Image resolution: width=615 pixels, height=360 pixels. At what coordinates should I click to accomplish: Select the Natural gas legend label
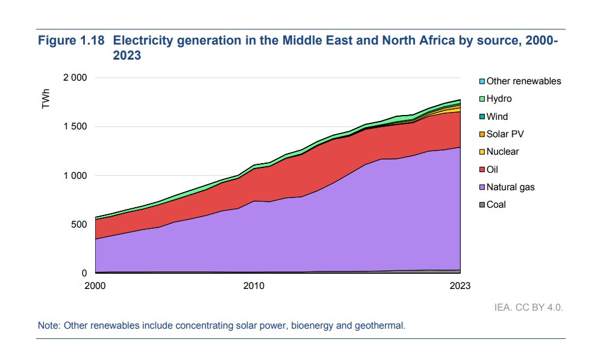coord(510,187)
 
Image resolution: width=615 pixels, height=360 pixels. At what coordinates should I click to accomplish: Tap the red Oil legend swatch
coord(482,170)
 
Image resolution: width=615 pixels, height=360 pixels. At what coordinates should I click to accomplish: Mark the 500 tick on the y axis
coord(80,225)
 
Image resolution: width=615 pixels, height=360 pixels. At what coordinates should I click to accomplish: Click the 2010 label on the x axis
coord(254,285)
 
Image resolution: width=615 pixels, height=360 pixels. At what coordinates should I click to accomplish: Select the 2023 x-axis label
coord(460,285)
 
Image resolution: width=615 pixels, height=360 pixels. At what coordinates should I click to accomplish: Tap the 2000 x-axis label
coord(95,285)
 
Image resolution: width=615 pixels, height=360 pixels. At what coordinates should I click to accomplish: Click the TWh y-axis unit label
coord(46,99)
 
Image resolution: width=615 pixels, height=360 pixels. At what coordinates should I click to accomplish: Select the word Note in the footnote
coord(48,326)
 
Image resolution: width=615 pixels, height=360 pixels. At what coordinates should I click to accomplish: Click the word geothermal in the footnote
coord(384,326)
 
